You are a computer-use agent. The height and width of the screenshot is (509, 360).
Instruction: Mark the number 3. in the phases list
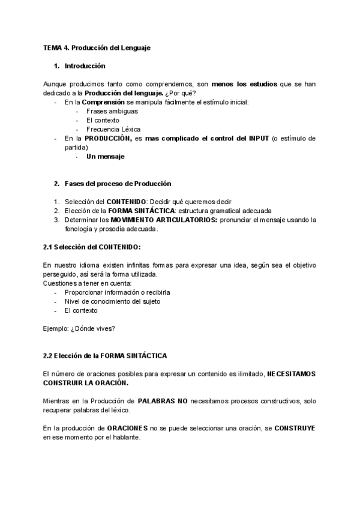56,219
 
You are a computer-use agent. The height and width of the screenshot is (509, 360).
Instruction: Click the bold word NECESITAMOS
291,373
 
